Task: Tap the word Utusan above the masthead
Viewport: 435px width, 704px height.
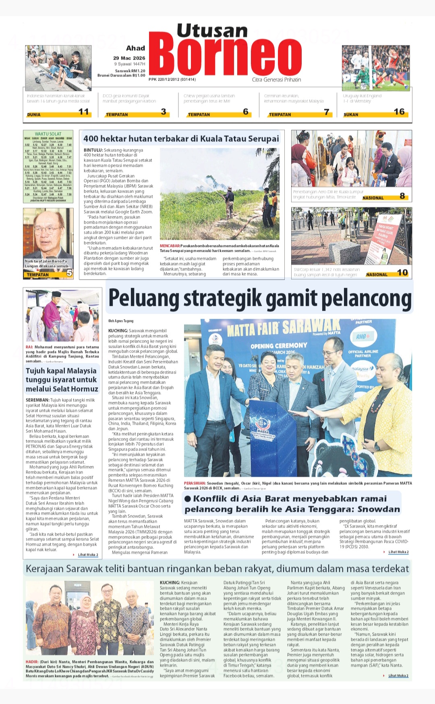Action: tap(212, 31)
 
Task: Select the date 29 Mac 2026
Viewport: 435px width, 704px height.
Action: tap(129, 58)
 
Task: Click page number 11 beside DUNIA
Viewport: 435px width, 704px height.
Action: tap(84, 112)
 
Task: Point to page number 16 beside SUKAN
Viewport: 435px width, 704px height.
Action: tap(399, 112)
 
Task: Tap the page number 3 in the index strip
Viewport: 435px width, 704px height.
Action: tap(164, 112)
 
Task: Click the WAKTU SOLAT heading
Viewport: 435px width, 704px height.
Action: tap(48, 134)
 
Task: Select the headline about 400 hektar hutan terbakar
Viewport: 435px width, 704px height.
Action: tap(181, 139)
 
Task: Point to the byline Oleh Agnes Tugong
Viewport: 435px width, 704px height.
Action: tap(121, 321)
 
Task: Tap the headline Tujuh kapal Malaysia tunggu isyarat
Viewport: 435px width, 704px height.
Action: tap(62, 380)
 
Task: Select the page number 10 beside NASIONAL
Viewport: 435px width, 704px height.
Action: tap(402, 273)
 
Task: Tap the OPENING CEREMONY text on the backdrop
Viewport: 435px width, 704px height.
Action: tap(279, 346)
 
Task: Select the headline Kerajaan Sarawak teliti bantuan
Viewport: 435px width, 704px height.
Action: tap(217, 569)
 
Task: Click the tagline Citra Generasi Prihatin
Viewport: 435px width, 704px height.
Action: tap(276, 79)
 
